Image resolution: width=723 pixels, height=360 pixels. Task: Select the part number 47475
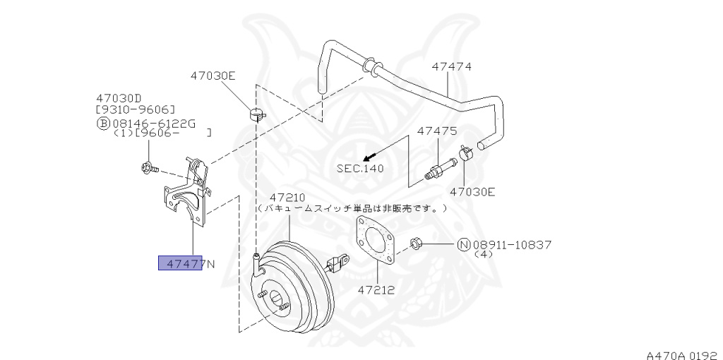[x=436, y=131]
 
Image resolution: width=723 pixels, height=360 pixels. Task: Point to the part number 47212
[x=375, y=289]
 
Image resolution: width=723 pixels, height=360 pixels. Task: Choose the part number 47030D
[x=119, y=99]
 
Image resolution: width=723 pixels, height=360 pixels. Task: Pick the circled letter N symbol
[x=463, y=245]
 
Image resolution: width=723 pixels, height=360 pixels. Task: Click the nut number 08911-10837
[x=511, y=245]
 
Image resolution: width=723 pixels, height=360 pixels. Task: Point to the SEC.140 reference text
[x=361, y=169]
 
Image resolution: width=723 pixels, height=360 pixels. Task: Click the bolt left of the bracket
[x=148, y=168]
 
